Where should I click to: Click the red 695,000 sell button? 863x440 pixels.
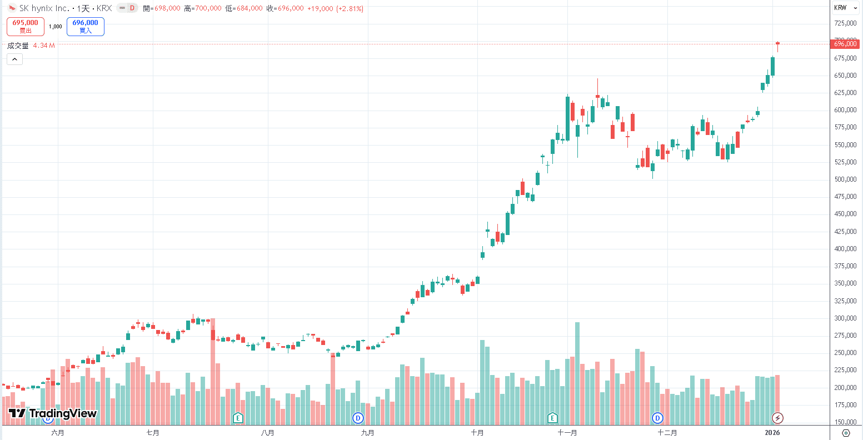pyautogui.click(x=26, y=26)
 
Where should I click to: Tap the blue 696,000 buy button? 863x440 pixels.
pyautogui.click(x=85, y=26)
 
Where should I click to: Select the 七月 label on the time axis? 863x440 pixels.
pyautogui.click(x=153, y=433)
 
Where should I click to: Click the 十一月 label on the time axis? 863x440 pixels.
pyautogui.click(x=567, y=433)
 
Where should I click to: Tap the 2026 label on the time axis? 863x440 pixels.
pyautogui.click(x=772, y=433)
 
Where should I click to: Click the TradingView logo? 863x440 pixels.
pyautogui.click(x=53, y=413)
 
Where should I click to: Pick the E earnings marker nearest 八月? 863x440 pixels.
pyautogui.click(x=238, y=418)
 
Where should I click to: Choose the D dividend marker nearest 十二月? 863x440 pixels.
pyautogui.click(x=658, y=418)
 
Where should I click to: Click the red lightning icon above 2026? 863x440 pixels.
pyautogui.click(x=778, y=418)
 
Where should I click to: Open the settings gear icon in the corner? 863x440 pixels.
pyautogui.click(x=846, y=433)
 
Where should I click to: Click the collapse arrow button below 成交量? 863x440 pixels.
pyautogui.click(x=14, y=59)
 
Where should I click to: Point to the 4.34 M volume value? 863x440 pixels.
pyautogui.click(x=44, y=46)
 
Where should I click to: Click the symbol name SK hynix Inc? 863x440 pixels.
pyautogui.click(x=44, y=8)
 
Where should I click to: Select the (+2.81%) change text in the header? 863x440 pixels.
pyautogui.click(x=350, y=8)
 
